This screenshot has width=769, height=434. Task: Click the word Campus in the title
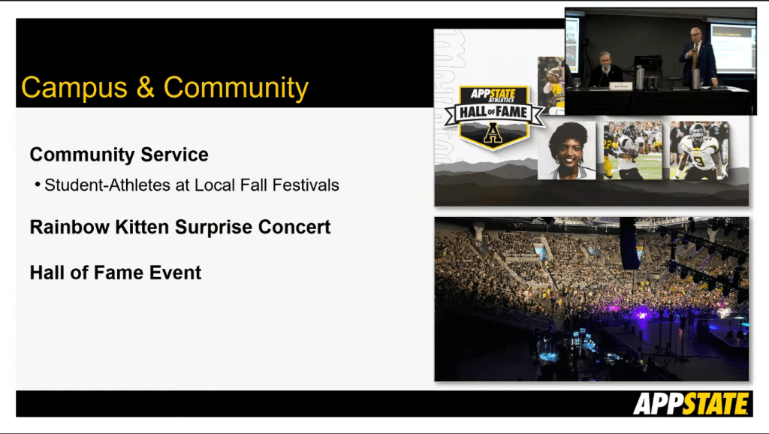(x=74, y=89)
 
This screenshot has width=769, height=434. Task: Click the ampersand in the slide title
(x=145, y=87)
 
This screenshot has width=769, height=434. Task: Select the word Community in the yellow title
(x=236, y=89)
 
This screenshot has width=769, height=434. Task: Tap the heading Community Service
(x=119, y=155)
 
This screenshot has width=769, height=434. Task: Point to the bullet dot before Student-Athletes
(x=38, y=185)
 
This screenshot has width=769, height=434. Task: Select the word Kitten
(x=142, y=227)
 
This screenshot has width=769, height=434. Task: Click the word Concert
(x=294, y=227)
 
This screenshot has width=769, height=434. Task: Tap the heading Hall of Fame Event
(x=116, y=273)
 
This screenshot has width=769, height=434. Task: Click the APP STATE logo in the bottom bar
(x=692, y=404)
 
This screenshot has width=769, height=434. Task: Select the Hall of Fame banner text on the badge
(x=493, y=113)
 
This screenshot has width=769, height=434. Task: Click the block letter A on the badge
(x=493, y=133)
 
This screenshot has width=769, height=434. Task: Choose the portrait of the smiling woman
(x=567, y=150)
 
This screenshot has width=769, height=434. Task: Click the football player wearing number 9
(x=699, y=150)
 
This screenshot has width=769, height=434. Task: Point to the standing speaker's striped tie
(x=695, y=56)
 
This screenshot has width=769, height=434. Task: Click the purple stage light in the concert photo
(x=641, y=315)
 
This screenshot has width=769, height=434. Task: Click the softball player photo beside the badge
(x=551, y=86)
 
